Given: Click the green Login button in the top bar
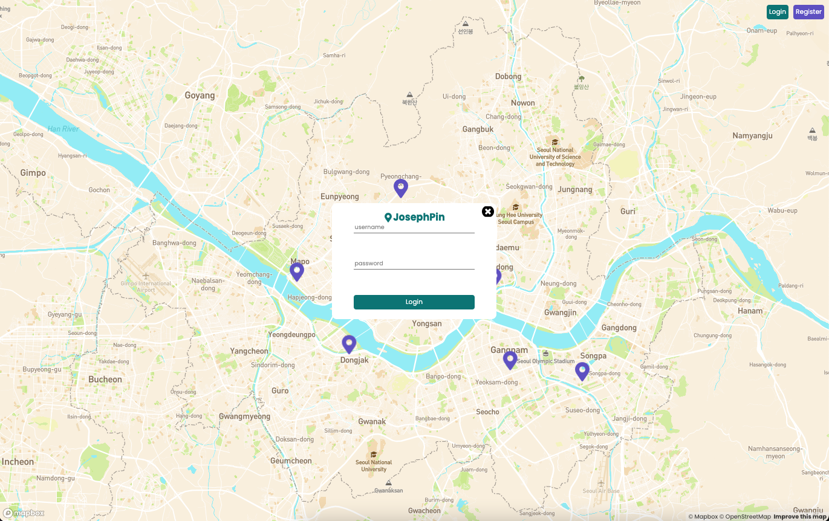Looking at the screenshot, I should [777, 12].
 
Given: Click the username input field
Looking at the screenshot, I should [414, 227].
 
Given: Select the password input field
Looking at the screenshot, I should [414, 264].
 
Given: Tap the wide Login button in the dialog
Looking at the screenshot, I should [414, 302].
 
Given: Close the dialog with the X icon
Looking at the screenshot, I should [488, 212].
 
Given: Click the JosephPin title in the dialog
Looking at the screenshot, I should [415, 217].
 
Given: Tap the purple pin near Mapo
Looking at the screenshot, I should [296, 271].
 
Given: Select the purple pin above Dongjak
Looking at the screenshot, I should [349, 344].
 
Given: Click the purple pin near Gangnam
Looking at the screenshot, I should [510, 360].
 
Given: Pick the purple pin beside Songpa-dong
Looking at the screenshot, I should [582, 371].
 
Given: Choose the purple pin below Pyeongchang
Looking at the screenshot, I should [400, 188].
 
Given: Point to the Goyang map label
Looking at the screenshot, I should [200, 95].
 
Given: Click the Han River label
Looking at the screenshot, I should [63, 129].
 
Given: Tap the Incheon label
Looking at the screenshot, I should [18, 462].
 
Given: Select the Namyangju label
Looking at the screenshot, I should [752, 136].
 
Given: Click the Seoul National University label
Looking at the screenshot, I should [374, 465].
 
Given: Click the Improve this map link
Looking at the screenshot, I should [801, 517].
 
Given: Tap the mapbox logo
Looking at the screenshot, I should [24, 513].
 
